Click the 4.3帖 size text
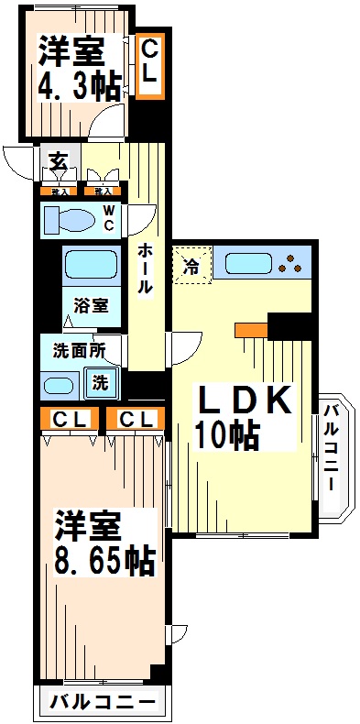pos(79,86)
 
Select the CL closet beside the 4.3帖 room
pos(149,65)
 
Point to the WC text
pos(108,221)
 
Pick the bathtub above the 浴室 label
pos(91,266)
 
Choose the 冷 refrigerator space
pos(191,266)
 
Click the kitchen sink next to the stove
pos(250,265)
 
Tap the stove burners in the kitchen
pos(294,265)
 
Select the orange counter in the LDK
pos(249,330)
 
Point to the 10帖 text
pos(225,434)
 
